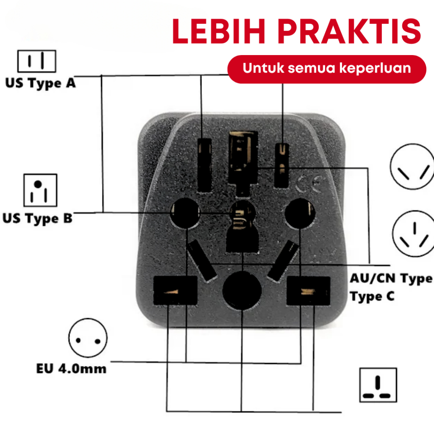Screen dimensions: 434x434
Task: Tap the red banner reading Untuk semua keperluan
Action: click(x=327, y=69)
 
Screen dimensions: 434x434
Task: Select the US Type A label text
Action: click(x=40, y=83)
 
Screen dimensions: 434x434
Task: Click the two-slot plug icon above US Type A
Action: click(x=36, y=61)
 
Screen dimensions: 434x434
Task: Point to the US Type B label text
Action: click(x=37, y=219)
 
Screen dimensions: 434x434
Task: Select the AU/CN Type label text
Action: click(x=391, y=278)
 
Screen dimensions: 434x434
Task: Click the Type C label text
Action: click(x=372, y=296)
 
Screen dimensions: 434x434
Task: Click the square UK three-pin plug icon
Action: click(x=378, y=385)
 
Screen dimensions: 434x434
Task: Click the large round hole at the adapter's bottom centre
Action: click(x=242, y=290)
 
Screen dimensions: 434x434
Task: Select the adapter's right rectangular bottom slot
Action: click(x=308, y=290)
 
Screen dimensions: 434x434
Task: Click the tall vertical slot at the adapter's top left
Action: click(x=205, y=165)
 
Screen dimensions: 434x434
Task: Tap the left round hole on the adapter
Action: click(x=185, y=213)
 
